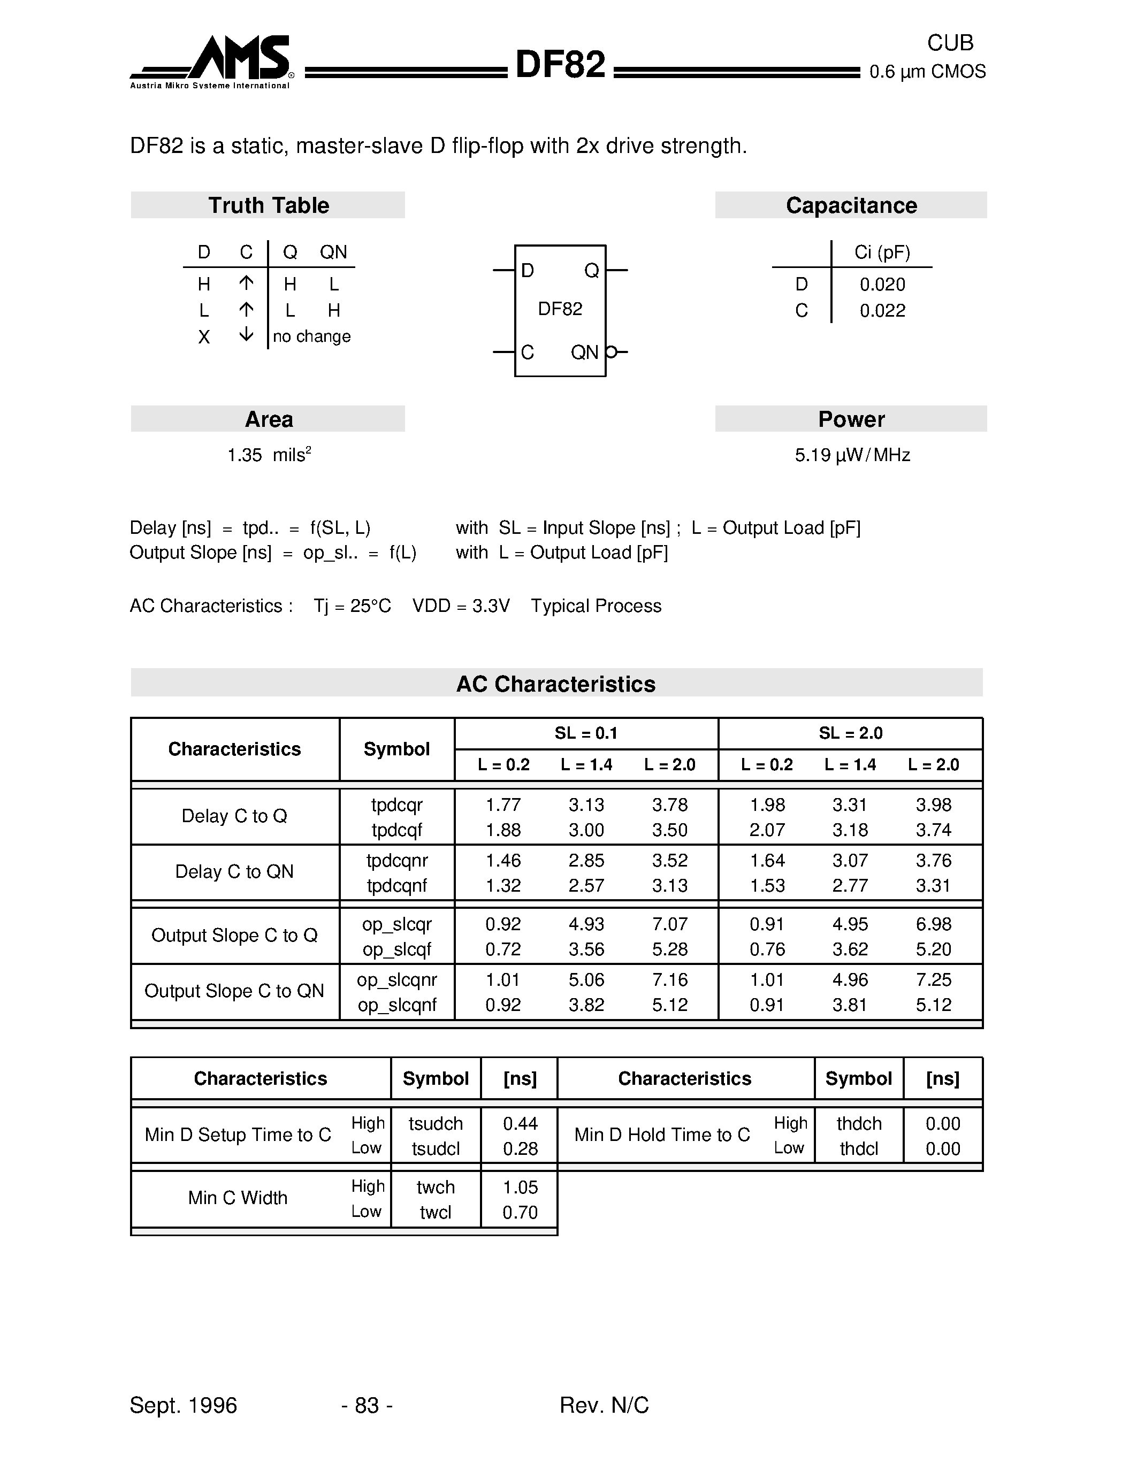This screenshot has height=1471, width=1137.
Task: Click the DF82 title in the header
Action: [x=560, y=65]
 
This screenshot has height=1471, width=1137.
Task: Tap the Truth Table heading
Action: [x=268, y=205]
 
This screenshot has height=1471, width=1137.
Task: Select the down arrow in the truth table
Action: [x=247, y=335]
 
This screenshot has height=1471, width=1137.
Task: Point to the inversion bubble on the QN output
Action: [x=611, y=351]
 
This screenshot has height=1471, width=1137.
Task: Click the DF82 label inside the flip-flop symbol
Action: [x=560, y=309]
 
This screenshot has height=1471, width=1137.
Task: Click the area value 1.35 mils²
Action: [x=268, y=455]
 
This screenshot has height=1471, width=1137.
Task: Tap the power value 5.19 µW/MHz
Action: [x=852, y=455]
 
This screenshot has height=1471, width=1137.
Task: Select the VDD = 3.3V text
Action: [x=461, y=606]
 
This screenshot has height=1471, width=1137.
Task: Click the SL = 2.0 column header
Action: [x=850, y=733]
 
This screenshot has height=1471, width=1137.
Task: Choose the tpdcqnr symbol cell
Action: [x=396, y=860]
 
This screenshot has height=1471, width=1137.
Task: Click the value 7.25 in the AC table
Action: [x=933, y=979]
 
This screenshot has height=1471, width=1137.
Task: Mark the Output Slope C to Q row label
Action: [x=234, y=936]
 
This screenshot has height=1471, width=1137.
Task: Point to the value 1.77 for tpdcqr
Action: [x=503, y=805]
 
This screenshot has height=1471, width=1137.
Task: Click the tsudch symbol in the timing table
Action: [x=436, y=1123]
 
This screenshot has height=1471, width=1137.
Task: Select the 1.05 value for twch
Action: [x=520, y=1187]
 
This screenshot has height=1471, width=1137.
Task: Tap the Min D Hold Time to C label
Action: [x=661, y=1135]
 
